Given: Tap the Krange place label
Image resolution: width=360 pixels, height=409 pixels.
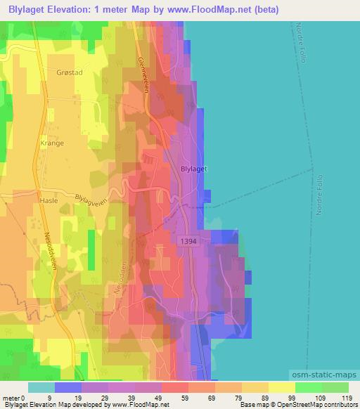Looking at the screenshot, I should click(52, 143).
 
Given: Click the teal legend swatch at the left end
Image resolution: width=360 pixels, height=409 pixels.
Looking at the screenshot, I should click(41, 387).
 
